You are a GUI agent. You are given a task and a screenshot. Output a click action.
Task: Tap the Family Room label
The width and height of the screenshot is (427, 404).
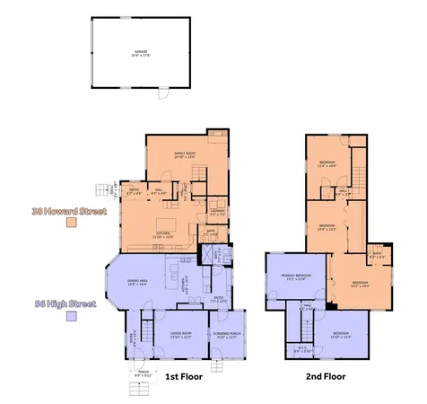[184, 155]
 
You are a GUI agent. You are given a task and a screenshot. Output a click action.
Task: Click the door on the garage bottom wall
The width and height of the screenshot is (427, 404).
[162, 92]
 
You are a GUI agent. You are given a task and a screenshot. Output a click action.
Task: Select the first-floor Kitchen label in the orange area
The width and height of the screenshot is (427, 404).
[163, 236]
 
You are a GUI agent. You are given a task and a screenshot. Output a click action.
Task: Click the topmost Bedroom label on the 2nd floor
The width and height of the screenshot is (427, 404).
[327, 164]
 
